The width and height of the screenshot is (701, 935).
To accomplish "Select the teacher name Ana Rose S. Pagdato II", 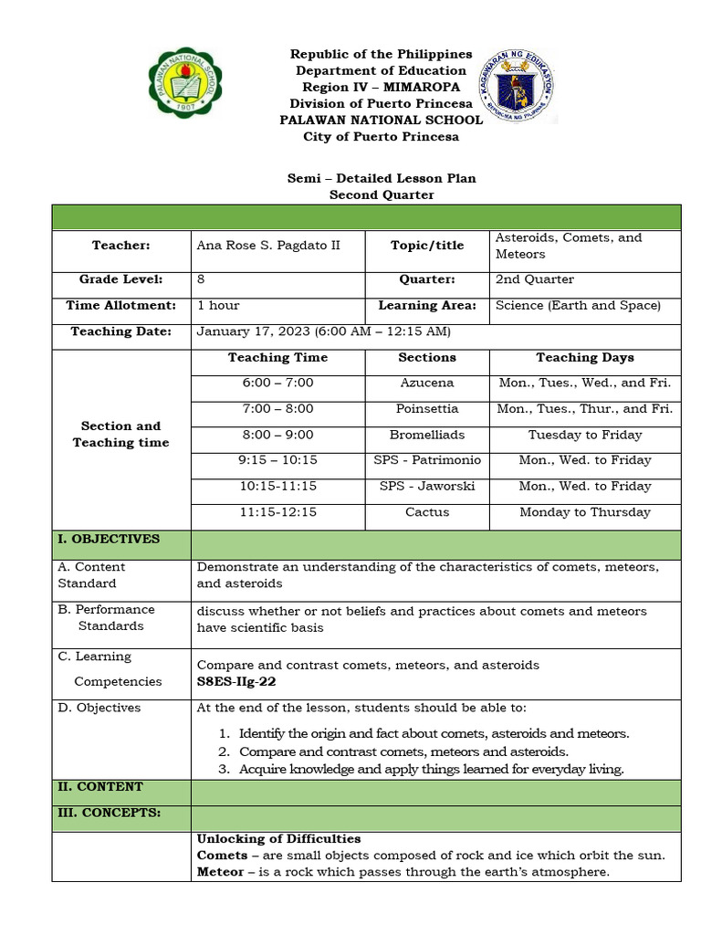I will (268, 246).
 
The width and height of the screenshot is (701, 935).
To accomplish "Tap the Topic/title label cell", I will (426, 246).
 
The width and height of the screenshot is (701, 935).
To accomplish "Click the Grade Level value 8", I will (200, 279).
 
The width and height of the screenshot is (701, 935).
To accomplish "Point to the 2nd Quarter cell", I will (534, 279).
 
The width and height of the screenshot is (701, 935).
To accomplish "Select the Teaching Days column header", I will (584, 358).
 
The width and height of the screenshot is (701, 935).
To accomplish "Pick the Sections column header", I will (426, 358).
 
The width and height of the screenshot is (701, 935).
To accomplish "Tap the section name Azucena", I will (426, 383).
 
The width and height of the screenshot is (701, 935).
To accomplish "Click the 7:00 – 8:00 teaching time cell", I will (277, 409).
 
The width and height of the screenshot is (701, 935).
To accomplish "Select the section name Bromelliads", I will (426, 436).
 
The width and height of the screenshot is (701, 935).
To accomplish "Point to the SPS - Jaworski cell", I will (426, 487).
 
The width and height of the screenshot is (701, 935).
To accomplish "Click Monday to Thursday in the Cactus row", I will (584, 512).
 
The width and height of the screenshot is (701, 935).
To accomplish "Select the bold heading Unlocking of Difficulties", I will (278, 838).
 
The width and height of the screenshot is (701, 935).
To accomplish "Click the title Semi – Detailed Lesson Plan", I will (382, 178).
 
